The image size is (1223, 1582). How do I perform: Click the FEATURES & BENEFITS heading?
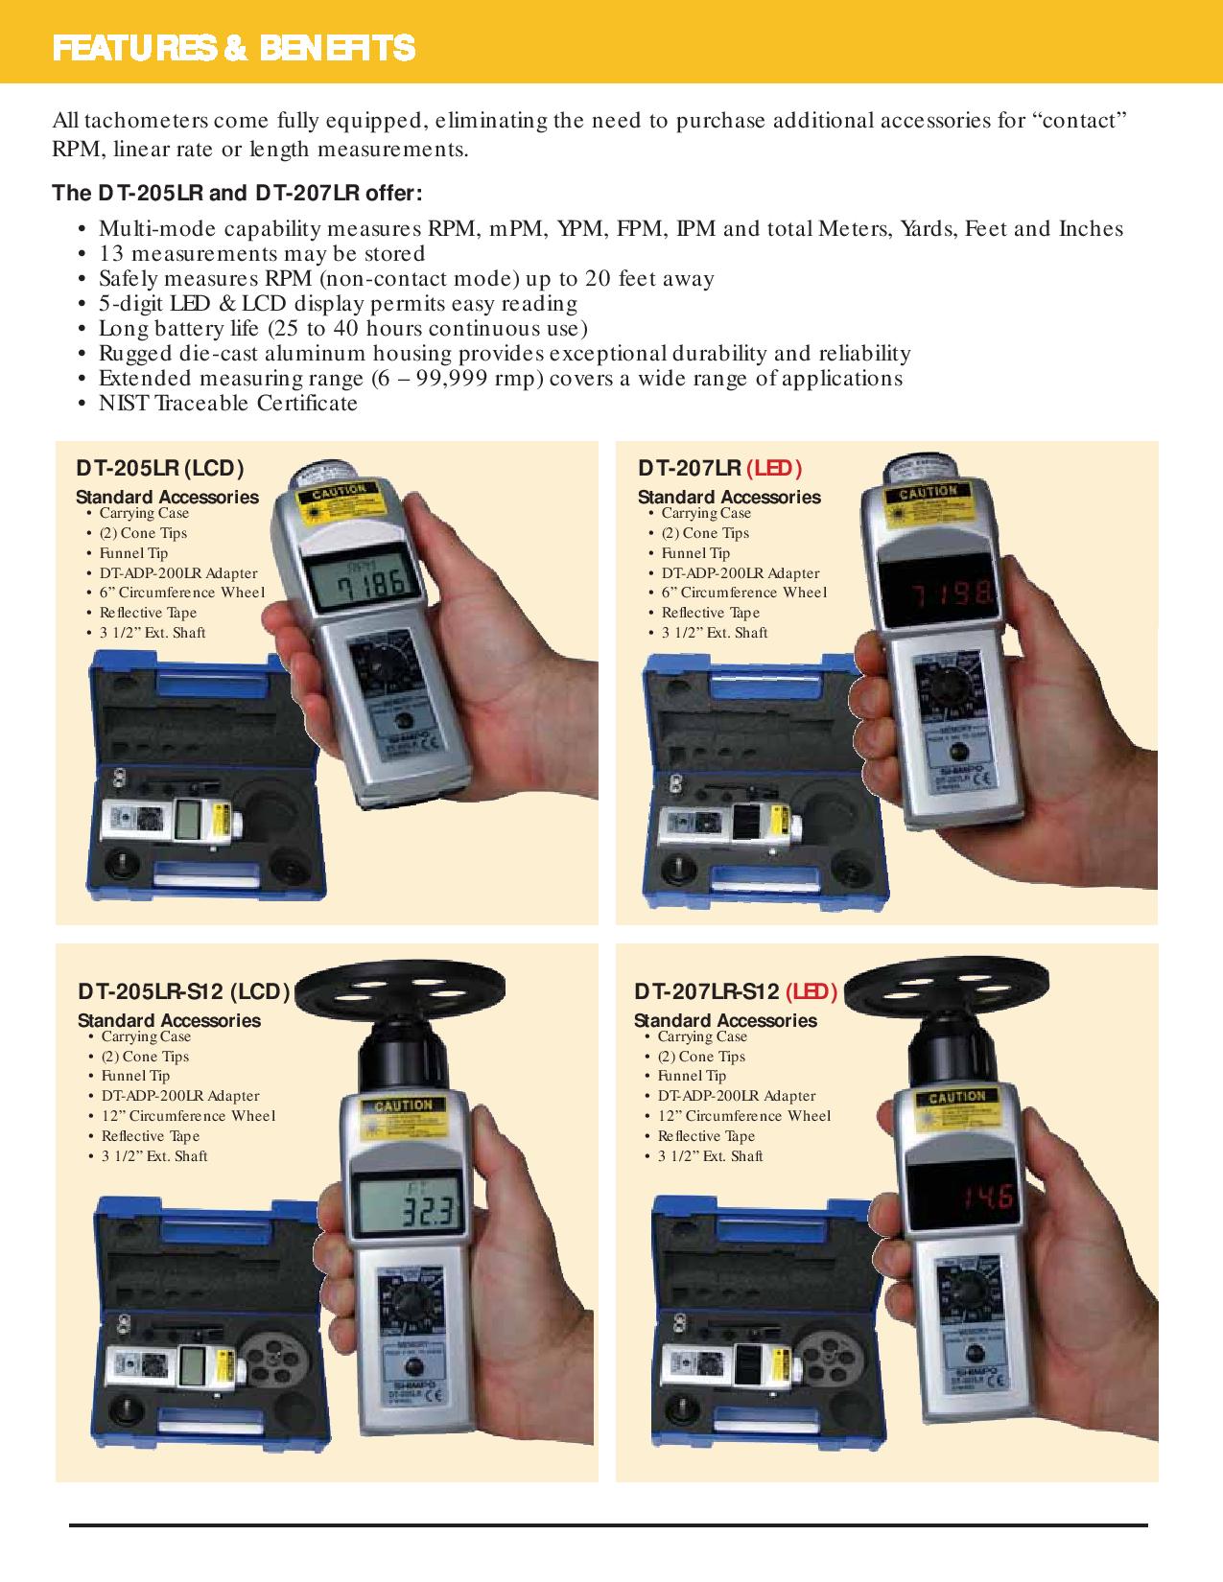(234, 48)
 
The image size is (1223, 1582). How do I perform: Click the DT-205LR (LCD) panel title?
(160, 468)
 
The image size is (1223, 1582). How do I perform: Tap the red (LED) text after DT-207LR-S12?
(811, 991)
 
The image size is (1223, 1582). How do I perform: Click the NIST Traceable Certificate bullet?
(228, 404)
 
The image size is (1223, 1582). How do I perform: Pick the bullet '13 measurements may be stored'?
(262, 254)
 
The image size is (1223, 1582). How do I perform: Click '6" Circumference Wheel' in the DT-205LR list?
(182, 593)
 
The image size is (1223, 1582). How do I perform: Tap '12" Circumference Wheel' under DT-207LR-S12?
(744, 1116)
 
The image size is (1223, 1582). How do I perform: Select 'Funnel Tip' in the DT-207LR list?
(695, 553)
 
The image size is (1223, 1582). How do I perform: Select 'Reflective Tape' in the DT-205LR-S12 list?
(151, 1136)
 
